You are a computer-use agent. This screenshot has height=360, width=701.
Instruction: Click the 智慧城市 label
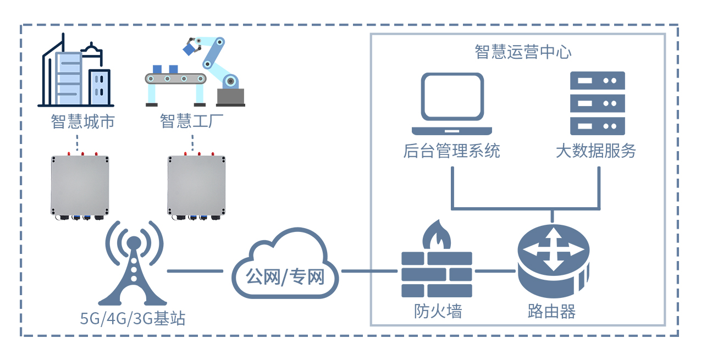(x=82, y=121)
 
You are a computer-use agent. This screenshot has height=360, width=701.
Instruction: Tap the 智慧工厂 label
(x=192, y=121)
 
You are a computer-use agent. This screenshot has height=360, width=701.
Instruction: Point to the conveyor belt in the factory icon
(x=175, y=80)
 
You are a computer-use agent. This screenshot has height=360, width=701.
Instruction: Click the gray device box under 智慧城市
(x=80, y=186)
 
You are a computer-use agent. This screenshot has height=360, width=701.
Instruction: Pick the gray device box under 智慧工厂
(x=196, y=186)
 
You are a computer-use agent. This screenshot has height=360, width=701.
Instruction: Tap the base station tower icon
(x=133, y=264)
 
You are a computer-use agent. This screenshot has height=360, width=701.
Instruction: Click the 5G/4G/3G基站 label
(x=133, y=318)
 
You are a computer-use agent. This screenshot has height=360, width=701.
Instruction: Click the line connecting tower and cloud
(x=195, y=271)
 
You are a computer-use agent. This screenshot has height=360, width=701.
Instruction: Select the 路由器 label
(x=551, y=312)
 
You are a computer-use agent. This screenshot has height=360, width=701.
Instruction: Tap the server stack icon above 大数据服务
(x=597, y=103)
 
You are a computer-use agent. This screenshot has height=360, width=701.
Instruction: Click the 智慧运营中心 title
(x=523, y=52)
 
